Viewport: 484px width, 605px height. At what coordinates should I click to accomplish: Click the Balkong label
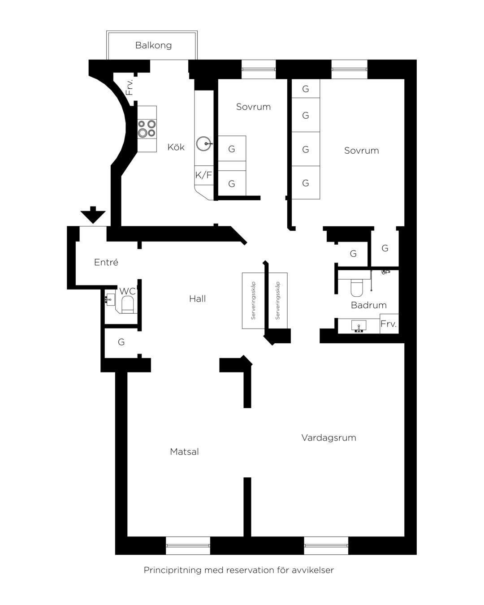tap(153, 45)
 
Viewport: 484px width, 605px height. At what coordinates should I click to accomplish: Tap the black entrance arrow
tap(93, 215)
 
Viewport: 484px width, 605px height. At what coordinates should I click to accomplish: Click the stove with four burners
tap(147, 129)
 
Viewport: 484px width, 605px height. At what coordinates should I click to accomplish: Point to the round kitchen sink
tap(203, 144)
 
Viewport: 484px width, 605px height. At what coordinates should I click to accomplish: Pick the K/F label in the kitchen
tap(203, 175)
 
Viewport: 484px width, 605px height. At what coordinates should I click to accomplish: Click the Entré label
tap(106, 262)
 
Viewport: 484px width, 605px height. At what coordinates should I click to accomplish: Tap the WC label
tap(128, 291)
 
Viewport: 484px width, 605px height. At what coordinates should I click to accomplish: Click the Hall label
tap(198, 298)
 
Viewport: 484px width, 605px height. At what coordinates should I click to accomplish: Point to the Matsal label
tap(184, 451)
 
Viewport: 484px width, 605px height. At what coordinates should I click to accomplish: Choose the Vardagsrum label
tap(328, 437)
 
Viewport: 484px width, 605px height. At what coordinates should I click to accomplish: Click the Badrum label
tap(368, 305)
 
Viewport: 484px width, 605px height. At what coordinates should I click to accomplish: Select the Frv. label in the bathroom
tap(389, 324)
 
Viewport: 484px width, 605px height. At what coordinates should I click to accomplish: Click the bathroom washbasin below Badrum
tap(359, 326)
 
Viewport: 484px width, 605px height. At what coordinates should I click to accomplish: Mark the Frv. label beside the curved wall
tap(129, 87)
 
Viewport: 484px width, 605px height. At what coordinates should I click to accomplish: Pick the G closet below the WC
tap(121, 342)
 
